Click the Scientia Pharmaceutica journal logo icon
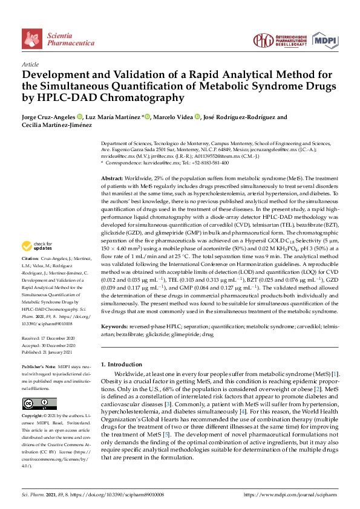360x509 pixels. (x=32, y=37)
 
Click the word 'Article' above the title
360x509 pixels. (x=30, y=64)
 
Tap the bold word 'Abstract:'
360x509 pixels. (x=111, y=180)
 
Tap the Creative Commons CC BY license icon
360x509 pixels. (x=39, y=403)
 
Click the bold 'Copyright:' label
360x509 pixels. (x=34, y=417)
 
